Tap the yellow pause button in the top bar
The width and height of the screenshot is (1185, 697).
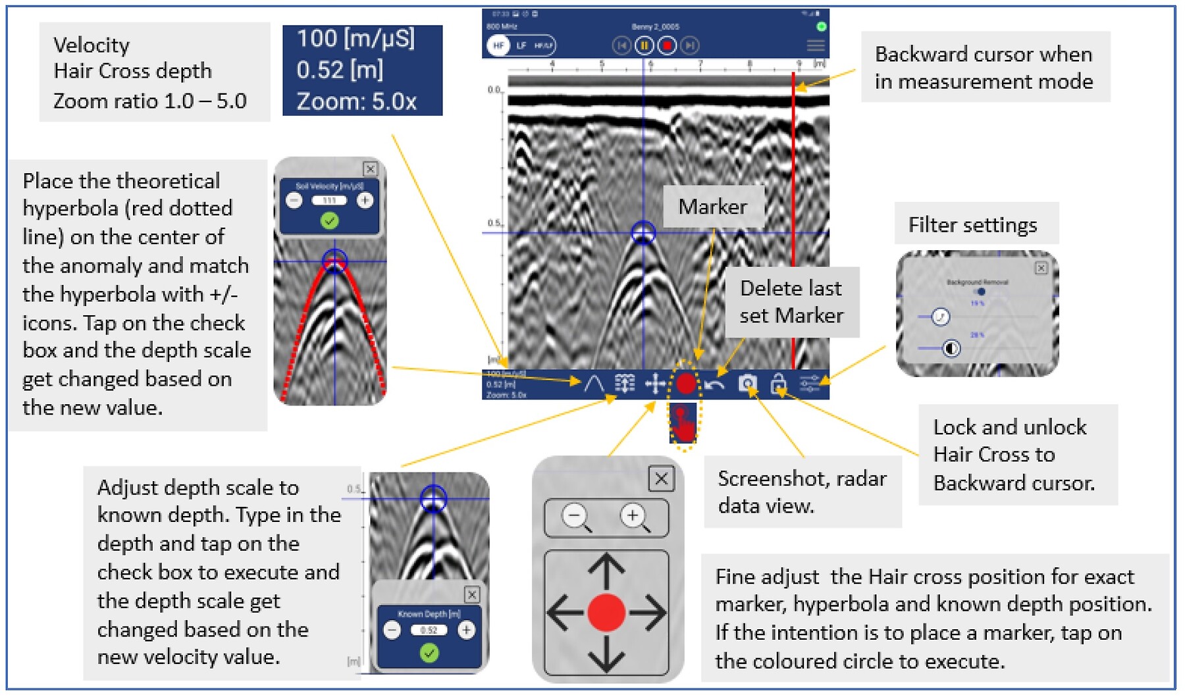pyautogui.click(x=644, y=45)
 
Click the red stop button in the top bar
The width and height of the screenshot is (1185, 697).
pyautogui.click(x=667, y=45)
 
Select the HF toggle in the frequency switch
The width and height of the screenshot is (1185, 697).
pyautogui.click(x=498, y=45)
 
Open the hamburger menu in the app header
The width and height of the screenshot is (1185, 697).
pyautogui.click(x=815, y=45)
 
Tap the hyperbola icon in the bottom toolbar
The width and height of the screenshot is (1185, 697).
pyautogui.click(x=594, y=383)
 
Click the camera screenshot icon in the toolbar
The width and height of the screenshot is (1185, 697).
pyautogui.click(x=747, y=384)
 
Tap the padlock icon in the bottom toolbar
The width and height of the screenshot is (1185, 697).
pyautogui.click(x=778, y=383)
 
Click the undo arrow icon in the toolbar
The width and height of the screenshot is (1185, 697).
pyautogui.click(x=714, y=384)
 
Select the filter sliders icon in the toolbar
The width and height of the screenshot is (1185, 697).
pyautogui.click(x=810, y=383)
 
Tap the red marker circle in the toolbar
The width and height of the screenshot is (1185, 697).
pyautogui.click(x=685, y=383)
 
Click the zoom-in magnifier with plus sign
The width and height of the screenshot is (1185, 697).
pyautogui.click(x=634, y=517)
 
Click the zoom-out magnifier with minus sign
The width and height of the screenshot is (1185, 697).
pyautogui.click(x=576, y=517)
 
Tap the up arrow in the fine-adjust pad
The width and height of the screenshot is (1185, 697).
pyautogui.click(x=606, y=569)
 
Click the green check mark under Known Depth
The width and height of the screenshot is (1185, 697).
pyautogui.click(x=429, y=653)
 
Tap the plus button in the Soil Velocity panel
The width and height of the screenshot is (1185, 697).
pyautogui.click(x=365, y=200)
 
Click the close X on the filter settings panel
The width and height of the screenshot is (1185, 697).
pyautogui.click(x=1041, y=268)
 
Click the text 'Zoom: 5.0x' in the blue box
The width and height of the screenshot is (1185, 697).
pyautogui.click(x=356, y=101)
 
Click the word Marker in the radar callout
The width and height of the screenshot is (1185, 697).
pyautogui.click(x=712, y=207)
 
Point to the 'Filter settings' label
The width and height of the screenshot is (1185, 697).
pyautogui.click(x=972, y=225)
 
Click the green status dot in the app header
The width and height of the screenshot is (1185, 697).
pyautogui.click(x=821, y=27)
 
